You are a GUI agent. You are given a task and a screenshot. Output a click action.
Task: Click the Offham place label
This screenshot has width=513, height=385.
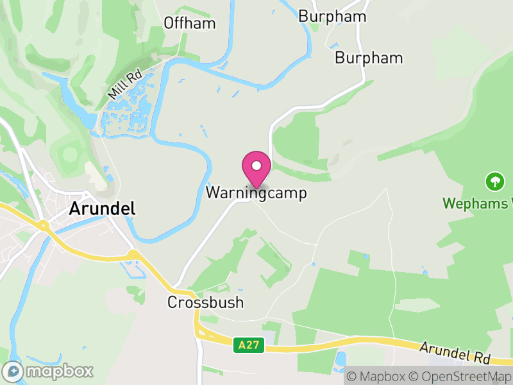click(x=189, y=23)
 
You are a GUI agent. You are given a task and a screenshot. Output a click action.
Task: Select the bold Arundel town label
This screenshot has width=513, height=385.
click(x=103, y=209)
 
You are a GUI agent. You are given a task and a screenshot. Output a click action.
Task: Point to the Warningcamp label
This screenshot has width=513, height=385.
click(x=256, y=193)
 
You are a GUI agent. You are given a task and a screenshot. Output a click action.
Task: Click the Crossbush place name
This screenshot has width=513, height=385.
click(x=206, y=302)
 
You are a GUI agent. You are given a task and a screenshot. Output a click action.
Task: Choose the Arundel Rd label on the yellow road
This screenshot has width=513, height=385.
click(x=455, y=352)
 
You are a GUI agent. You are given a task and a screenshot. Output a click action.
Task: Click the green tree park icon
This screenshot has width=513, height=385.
click(x=494, y=182)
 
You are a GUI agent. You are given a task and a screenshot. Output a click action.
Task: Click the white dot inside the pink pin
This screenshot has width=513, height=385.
click(x=256, y=166)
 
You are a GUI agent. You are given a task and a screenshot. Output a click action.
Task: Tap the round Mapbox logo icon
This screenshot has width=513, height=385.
click(x=12, y=371)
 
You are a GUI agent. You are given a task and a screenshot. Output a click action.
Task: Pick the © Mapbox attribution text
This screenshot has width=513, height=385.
click(x=379, y=377)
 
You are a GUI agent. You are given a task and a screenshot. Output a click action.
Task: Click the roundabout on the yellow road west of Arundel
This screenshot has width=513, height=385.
click(x=44, y=226)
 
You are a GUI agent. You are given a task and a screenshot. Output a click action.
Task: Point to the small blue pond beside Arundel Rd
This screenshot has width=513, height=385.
click(x=340, y=358)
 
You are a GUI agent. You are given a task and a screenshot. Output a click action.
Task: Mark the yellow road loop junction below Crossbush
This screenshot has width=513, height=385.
click(x=203, y=330)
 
